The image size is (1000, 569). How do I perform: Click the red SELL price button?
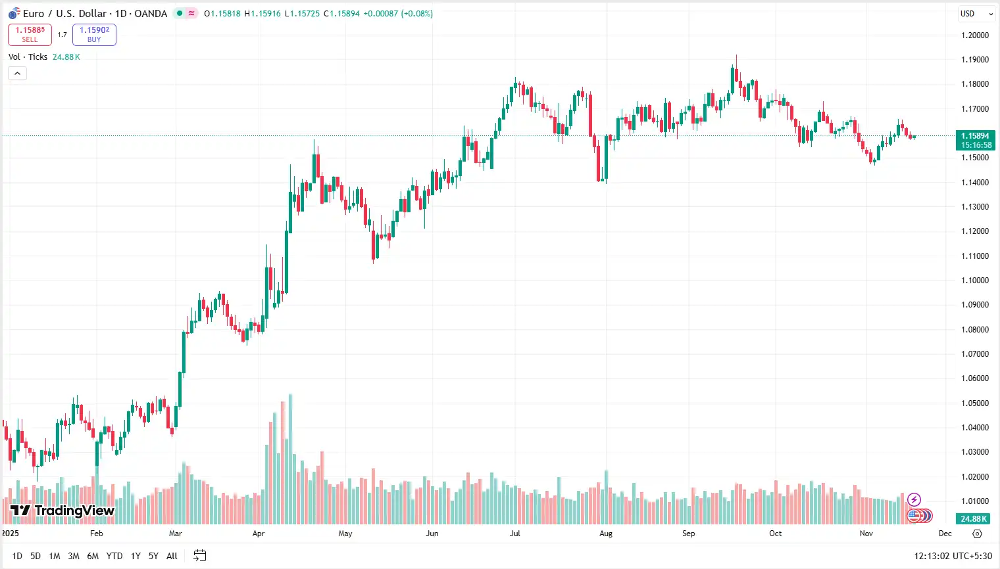coord(30,35)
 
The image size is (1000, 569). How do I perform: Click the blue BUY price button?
coord(94,35)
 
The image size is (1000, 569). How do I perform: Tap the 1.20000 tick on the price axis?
coord(975,35)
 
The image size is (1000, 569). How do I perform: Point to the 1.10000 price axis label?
coord(975,281)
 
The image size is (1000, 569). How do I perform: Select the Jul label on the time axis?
coord(515,534)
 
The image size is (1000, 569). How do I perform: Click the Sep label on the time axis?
coord(688,534)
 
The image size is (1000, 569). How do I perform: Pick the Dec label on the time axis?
coord(945,534)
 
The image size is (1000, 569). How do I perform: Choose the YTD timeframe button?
coord(114,556)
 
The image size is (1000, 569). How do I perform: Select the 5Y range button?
coord(153,556)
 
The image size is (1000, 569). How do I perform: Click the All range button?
coord(172,556)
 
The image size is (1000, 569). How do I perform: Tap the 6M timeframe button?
coord(93,556)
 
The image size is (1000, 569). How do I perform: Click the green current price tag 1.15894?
coord(975,140)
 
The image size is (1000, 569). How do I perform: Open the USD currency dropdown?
coord(976,14)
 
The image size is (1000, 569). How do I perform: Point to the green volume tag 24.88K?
coord(974,518)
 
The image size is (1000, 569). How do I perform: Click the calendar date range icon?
coord(200,556)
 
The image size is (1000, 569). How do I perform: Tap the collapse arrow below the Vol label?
coord(17,73)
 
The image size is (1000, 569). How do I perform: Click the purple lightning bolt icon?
coord(914,500)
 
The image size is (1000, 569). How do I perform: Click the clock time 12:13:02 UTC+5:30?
coord(953,556)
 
